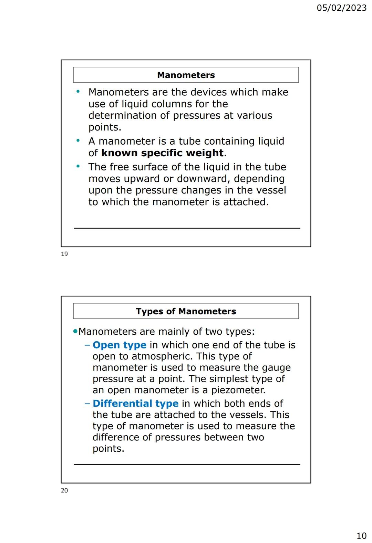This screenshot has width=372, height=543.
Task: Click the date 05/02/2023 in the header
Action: pos(341,8)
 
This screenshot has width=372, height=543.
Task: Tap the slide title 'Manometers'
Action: pos(186,75)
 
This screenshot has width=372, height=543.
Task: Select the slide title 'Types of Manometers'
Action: pos(186,311)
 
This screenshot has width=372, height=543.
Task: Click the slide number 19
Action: pos(64,254)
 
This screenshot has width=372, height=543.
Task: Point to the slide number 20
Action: pos(64,490)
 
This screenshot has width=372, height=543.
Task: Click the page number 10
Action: pos(361,535)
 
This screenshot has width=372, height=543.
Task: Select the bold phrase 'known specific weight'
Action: pos(163,153)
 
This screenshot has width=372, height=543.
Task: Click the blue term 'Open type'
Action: pos(120,345)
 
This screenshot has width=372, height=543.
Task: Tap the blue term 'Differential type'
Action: pos(136,403)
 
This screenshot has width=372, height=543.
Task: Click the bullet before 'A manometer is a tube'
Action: pos(78,140)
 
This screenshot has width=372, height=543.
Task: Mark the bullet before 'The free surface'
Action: pos(78,166)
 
